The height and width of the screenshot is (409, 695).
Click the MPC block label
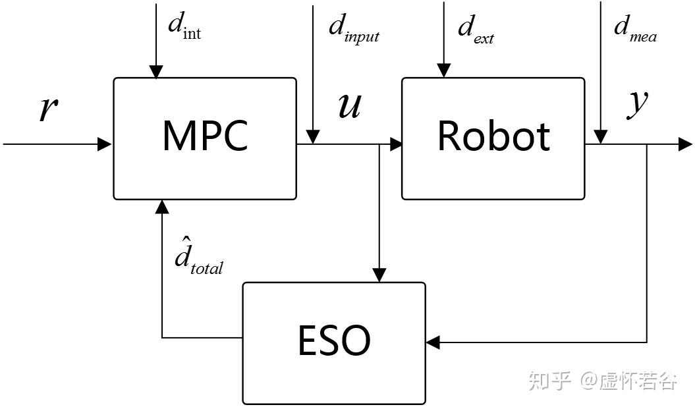click(x=205, y=136)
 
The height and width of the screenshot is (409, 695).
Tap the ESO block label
click(x=334, y=341)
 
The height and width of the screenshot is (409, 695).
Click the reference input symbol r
click(x=46, y=109)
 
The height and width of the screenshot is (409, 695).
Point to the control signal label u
click(x=349, y=105)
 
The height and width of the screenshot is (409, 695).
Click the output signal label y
click(x=637, y=104)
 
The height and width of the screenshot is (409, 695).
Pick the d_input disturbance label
click(x=354, y=28)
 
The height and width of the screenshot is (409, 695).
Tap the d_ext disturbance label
click(x=475, y=28)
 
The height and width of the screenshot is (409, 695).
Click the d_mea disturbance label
click(x=634, y=28)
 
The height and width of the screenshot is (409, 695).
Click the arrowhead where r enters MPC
click(x=105, y=144)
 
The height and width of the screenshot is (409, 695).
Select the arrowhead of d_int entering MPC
click(x=156, y=71)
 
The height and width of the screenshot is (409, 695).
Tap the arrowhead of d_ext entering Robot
click(x=444, y=71)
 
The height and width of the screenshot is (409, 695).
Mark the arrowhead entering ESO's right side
click(x=433, y=342)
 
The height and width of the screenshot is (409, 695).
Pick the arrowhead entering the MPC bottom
click(x=162, y=207)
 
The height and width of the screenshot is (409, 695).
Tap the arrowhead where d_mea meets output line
click(x=600, y=136)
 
